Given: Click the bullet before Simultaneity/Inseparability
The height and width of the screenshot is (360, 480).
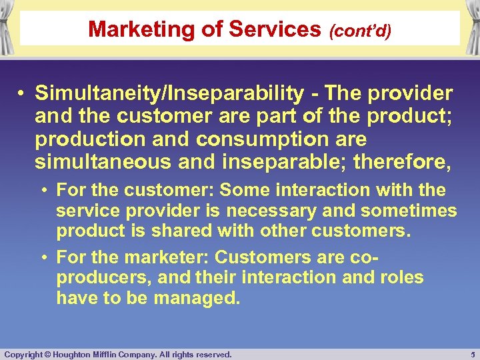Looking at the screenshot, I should pyautogui.click(x=22, y=94).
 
